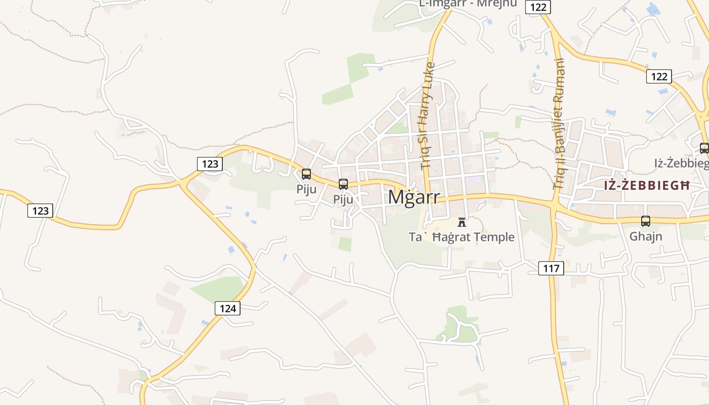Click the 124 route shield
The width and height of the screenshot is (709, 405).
click(227, 308)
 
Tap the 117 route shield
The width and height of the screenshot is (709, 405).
click(551, 268)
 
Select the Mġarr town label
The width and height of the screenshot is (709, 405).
click(414, 197)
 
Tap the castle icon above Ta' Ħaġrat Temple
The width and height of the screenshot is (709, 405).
click(462, 222)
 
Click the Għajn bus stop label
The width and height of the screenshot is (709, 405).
click(646, 236)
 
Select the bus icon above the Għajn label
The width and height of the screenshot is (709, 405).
click(646, 221)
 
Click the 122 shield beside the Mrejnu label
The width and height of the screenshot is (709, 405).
click(537, 7)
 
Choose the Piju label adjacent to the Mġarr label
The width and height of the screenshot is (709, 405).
click(343, 199)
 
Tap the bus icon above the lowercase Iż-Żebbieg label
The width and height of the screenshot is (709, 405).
click(704, 148)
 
